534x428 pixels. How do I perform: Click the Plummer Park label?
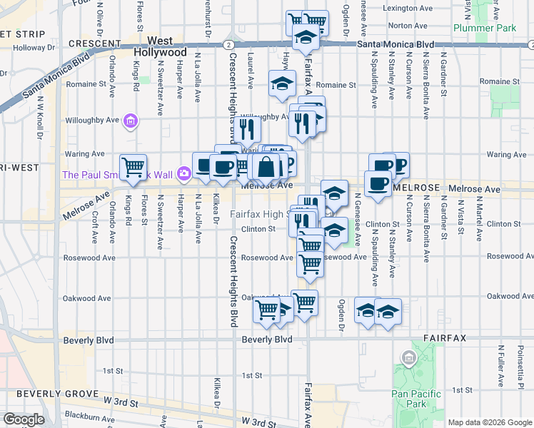tap(485, 28)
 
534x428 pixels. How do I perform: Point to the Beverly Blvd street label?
tap(267, 340)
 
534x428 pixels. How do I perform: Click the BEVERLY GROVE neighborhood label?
tap(57, 394)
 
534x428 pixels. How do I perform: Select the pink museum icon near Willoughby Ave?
tap(129, 122)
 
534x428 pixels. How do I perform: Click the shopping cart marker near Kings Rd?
tap(133, 167)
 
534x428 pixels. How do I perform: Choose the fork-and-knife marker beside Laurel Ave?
tap(247, 128)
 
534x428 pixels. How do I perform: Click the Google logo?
tap(24, 419)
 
